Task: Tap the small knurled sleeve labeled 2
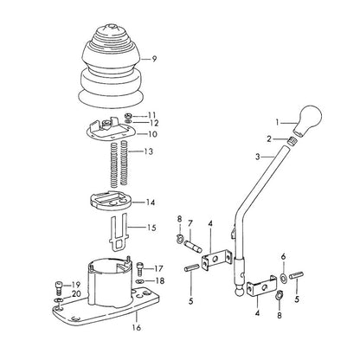point(293,141)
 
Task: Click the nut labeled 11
point(128,116)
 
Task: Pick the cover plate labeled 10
point(109,129)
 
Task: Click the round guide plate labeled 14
point(111,201)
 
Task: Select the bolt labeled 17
point(139,268)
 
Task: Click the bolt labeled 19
point(59,288)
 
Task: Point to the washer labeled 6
point(283,278)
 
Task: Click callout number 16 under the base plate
point(137,328)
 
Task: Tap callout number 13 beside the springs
point(149,151)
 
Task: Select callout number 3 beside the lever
point(258,157)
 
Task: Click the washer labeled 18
point(140,281)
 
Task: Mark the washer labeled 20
point(59,301)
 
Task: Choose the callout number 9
point(154,59)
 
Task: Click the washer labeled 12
point(128,122)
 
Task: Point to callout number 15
point(151,228)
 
